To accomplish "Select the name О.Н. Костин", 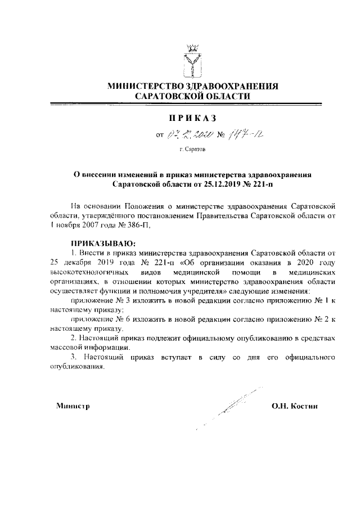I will click(x=295, y=406).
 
